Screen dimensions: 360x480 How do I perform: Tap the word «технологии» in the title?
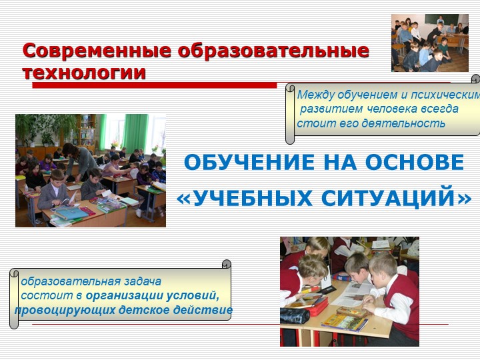(84, 73)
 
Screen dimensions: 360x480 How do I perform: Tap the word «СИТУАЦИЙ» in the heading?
(397, 197)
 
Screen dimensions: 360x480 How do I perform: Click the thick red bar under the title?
(154, 85)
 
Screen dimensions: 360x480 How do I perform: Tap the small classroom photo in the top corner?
(430, 43)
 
